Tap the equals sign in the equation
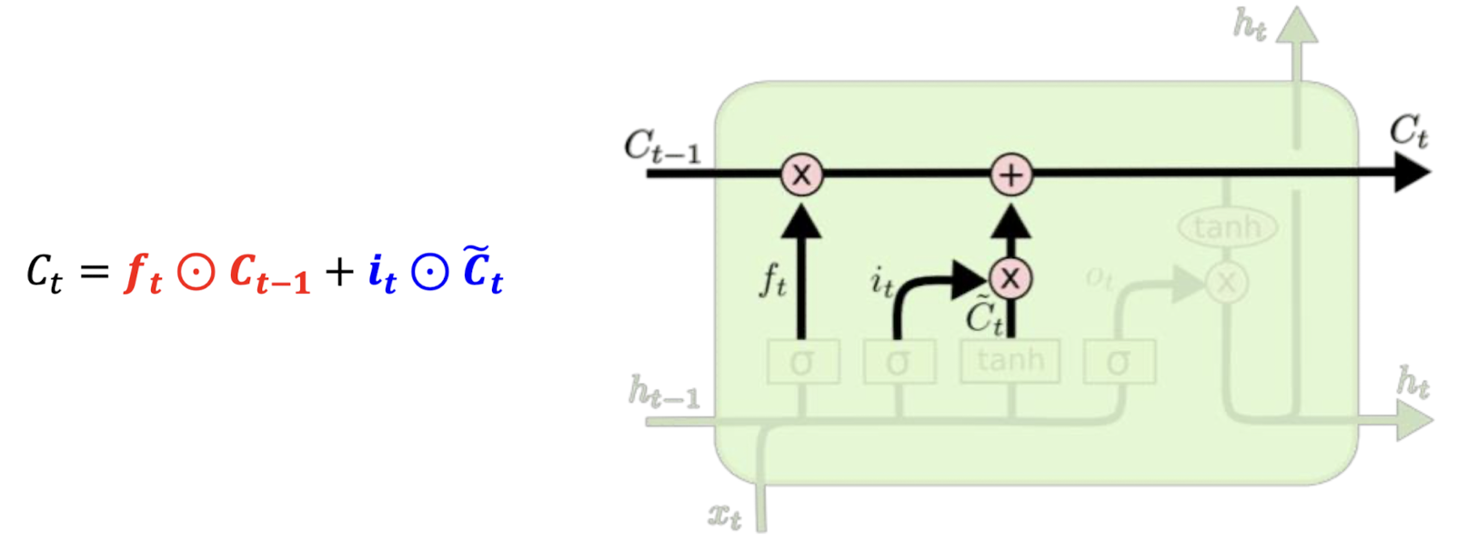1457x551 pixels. (94, 272)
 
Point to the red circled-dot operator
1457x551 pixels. (196, 271)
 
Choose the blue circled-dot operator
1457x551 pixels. (430, 271)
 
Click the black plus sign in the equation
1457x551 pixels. (339, 271)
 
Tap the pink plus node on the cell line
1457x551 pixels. (1010, 174)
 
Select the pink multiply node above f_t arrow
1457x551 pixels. (801, 174)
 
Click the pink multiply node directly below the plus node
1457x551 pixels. (1010, 278)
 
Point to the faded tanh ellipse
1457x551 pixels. (1227, 226)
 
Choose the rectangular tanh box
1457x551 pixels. (1010, 362)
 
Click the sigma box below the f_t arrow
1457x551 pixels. (802, 363)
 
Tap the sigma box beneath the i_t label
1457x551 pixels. (899, 363)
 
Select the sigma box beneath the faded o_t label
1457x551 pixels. (1119, 363)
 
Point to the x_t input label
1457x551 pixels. (725, 516)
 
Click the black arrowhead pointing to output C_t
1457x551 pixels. (1412, 173)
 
